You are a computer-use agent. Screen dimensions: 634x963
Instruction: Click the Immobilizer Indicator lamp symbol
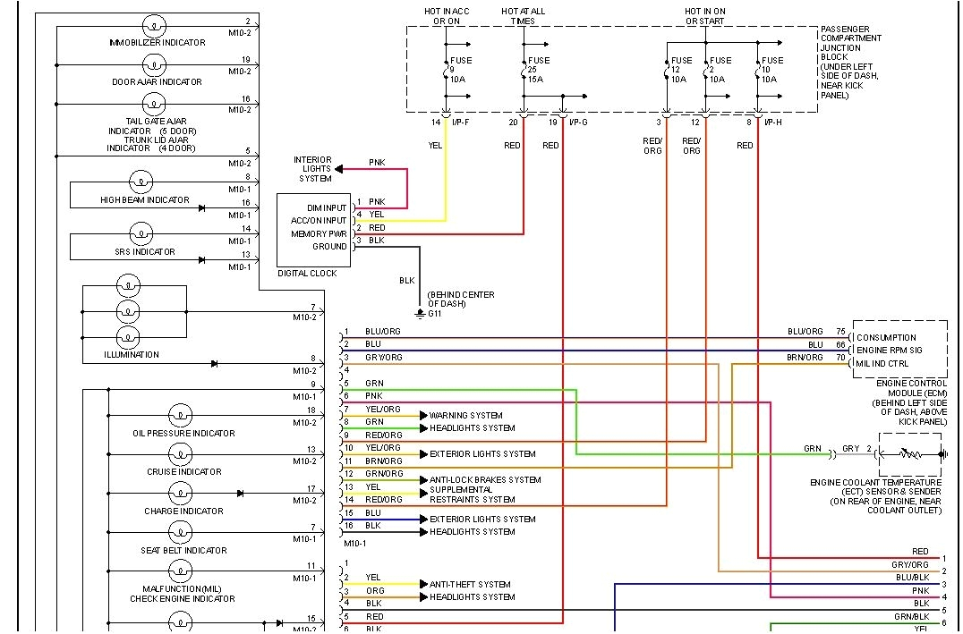(155, 25)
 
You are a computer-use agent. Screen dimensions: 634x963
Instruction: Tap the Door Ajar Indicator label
(157, 81)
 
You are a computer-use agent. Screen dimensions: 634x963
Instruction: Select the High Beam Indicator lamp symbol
(141, 183)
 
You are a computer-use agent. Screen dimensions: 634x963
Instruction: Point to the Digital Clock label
(307, 273)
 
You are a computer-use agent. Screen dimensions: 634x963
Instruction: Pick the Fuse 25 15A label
(539, 70)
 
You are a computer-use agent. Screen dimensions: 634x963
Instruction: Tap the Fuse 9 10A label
(460, 70)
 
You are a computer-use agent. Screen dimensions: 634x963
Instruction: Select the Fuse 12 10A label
(679, 70)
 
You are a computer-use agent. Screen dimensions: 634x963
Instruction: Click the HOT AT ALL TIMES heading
(523, 16)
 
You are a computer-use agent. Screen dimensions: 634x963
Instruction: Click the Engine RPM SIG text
(890, 350)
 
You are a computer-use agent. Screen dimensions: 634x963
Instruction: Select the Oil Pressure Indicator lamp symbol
(180, 416)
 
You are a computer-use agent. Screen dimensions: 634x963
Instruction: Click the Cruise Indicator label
(184, 471)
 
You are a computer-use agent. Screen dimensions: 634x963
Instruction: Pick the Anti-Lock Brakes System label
(485, 479)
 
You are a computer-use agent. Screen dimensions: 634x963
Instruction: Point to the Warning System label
(465, 415)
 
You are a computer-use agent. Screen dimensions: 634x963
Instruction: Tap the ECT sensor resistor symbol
(911, 454)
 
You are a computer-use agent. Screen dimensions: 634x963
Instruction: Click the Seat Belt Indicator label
(183, 550)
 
